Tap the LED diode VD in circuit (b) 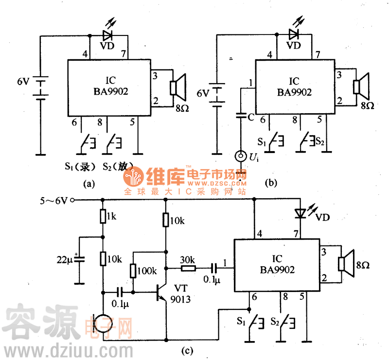pos(293,34)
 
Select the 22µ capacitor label pos(64,260)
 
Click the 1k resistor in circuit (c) pos(103,216)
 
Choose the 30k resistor pos(188,267)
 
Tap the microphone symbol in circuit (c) pos(103,325)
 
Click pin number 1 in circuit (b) pos(250,83)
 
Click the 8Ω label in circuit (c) pos(363,265)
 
